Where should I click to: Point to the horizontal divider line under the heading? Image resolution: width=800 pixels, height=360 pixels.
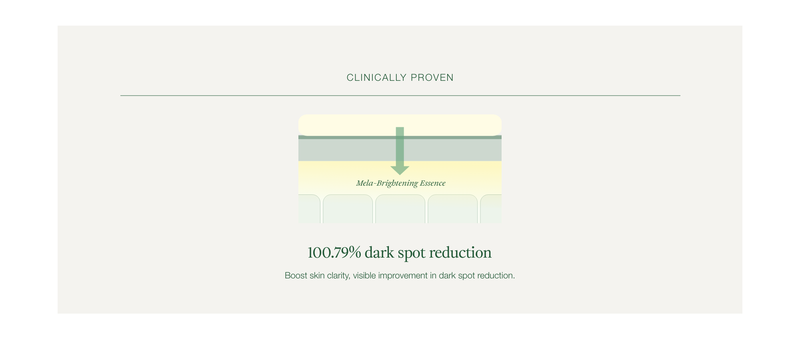click(x=400, y=96)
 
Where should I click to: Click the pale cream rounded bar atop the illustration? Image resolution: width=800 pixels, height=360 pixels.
click(x=400, y=125)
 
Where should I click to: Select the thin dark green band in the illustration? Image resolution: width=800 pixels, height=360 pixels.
click(x=400, y=137)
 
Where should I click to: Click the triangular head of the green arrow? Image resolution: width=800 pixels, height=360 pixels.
click(x=400, y=171)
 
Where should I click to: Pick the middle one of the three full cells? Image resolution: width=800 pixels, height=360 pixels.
click(x=400, y=209)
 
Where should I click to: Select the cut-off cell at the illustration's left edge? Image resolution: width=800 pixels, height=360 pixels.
click(x=309, y=209)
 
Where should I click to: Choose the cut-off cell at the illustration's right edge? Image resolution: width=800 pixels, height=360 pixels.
click(x=491, y=209)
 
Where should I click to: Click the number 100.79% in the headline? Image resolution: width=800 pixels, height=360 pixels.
click(x=334, y=253)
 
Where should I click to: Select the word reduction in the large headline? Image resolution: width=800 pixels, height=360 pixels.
click(x=460, y=253)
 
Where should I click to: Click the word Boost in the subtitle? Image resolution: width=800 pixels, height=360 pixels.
click(x=296, y=276)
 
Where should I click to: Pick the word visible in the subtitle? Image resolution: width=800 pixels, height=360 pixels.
click(x=364, y=276)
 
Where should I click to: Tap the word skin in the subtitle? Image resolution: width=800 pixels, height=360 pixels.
click(x=317, y=276)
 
